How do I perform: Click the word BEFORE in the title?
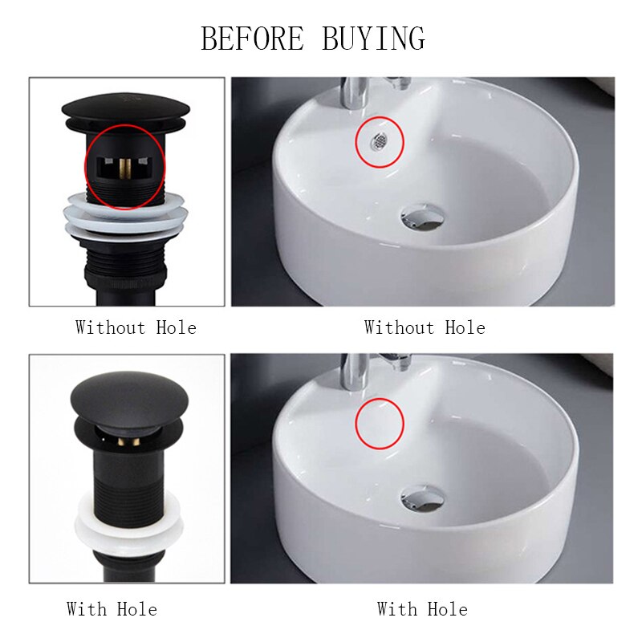pos(253,38)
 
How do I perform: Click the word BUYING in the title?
pos(373,38)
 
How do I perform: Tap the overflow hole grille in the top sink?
pos(379,140)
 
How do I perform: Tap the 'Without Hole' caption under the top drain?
pos(136,327)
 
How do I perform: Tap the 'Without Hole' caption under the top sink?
pos(425,327)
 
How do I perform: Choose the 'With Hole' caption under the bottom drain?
pos(112,609)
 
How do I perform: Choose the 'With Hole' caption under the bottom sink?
pos(422,609)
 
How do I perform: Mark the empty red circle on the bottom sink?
pos(380,425)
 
